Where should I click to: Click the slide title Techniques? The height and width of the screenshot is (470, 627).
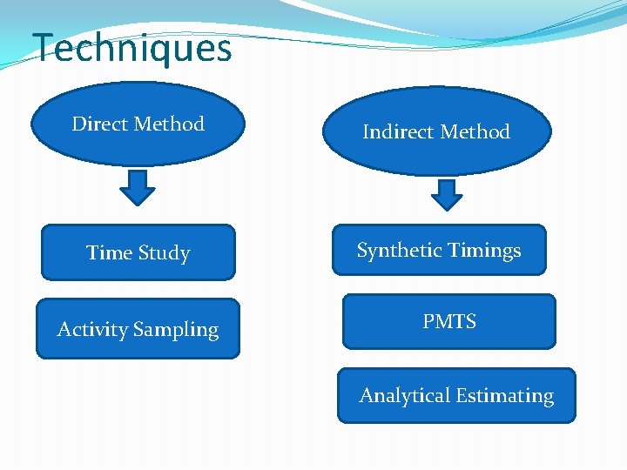click(x=132, y=48)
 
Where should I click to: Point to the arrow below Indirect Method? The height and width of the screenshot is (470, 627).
click(x=447, y=194)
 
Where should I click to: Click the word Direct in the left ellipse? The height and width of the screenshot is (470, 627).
click(x=99, y=124)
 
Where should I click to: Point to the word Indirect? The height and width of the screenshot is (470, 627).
click(x=396, y=132)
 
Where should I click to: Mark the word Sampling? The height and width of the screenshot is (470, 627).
click(x=177, y=330)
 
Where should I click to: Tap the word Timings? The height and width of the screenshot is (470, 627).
click(x=484, y=251)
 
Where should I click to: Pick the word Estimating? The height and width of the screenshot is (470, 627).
click(x=504, y=396)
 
